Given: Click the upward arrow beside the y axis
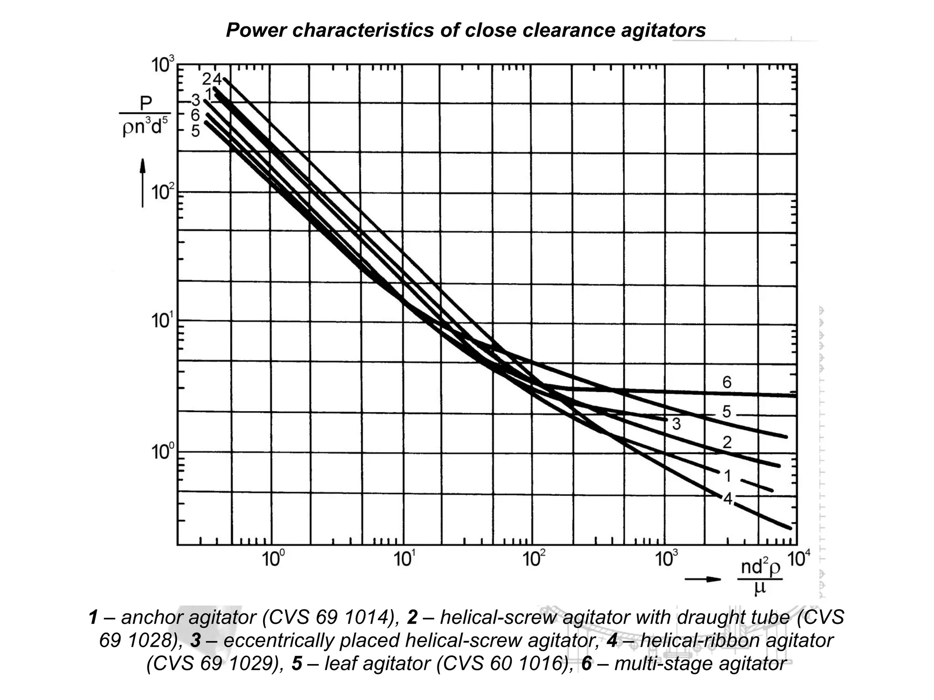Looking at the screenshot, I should (143, 182).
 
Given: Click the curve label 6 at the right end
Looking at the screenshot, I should (727, 382).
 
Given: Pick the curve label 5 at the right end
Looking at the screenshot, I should (726, 412).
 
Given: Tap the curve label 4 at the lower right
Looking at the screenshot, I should (728, 499).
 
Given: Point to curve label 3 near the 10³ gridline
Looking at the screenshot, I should (676, 424).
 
